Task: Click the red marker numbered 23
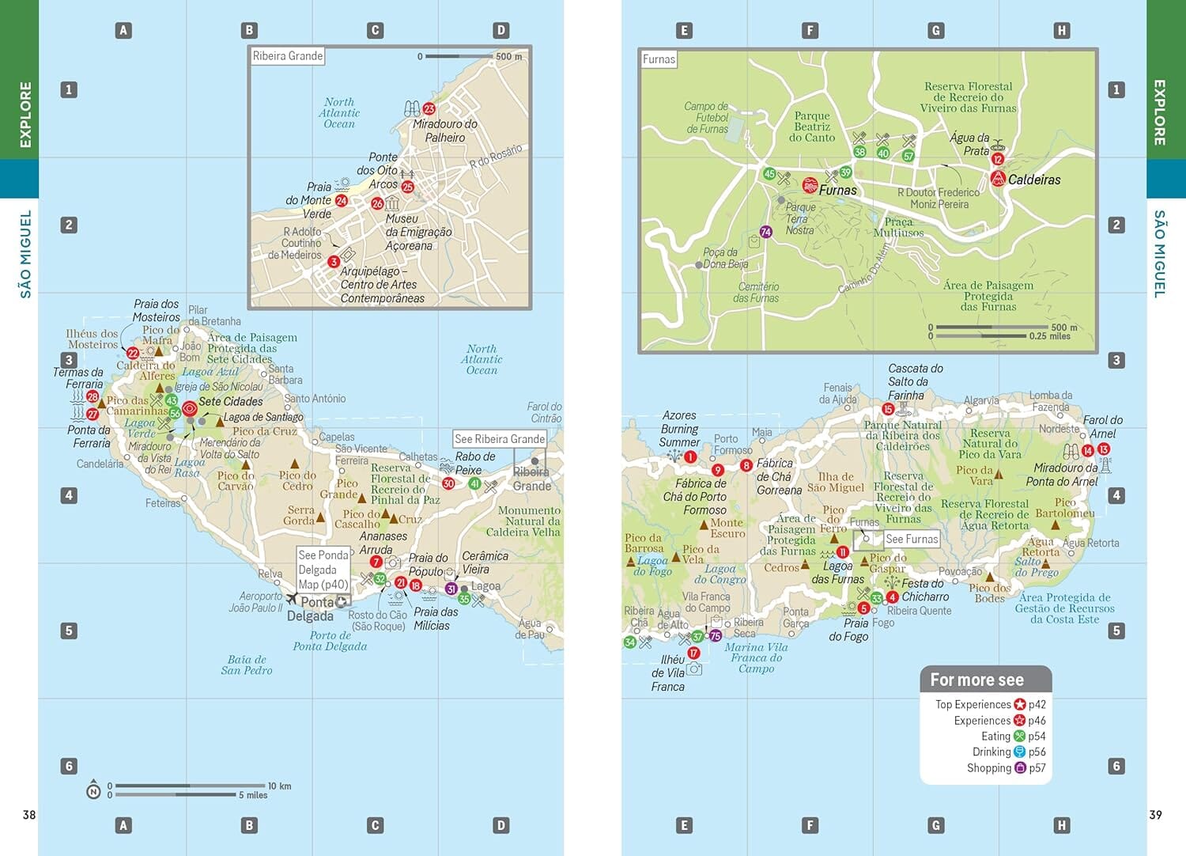[x=429, y=109]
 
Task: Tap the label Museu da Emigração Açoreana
[x=418, y=232]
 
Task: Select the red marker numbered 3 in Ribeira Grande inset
[x=334, y=262]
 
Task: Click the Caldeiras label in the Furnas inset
[x=1033, y=180]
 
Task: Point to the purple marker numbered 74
[x=765, y=232]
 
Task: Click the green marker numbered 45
[x=769, y=174]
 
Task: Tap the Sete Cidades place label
[x=230, y=401]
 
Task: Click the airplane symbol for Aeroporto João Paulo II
[x=292, y=599]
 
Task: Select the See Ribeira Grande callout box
[x=499, y=439]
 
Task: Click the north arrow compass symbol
[x=93, y=790]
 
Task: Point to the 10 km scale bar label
[x=279, y=786]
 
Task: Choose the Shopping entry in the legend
[x=989, y=768]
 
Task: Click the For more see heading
[x=976, y=680]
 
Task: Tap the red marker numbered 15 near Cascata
[x=888, y=409]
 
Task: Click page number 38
[x=29, y=815]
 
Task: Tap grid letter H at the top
[x=1061, y=31]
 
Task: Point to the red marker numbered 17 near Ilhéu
[x=693, y=653]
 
